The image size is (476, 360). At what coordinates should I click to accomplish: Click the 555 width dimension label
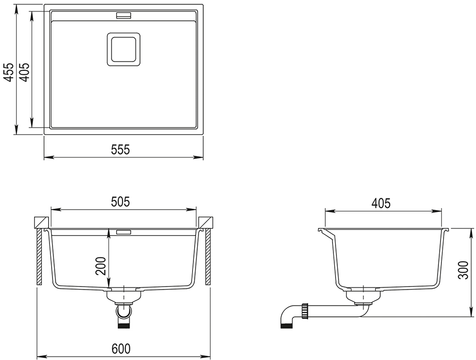coord(121,149)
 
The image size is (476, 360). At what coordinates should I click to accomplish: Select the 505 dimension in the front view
coord(120,202)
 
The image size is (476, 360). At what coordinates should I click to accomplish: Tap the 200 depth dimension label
coord(101,266)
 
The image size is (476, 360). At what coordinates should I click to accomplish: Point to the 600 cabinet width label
coord(121,349)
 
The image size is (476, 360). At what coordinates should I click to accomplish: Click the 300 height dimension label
coord(463,270)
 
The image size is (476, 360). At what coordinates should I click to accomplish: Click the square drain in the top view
coord(124,49)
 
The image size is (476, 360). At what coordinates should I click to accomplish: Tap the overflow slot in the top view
coord(123,15)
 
